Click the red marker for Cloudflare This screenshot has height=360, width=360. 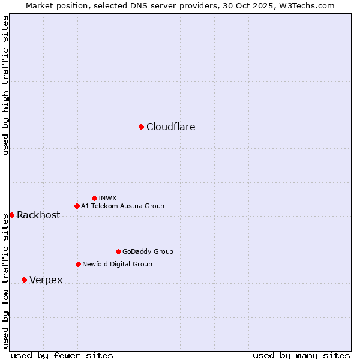pos(141,127)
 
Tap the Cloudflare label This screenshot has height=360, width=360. pos(171,127)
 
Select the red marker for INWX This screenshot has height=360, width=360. pos(94,198)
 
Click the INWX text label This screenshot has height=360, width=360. pos(107,198)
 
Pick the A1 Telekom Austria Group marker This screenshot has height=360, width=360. pos(77,206)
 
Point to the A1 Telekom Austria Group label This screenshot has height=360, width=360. pos(122,206)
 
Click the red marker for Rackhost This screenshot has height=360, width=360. pos(11,215)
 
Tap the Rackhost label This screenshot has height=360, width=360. pos(38,215)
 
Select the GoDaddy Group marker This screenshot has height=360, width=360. pos(118,251)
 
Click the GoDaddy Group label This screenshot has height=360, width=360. pos(148,252)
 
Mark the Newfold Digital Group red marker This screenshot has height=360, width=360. pos(78,264)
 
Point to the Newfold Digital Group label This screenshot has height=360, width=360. pos(117,264)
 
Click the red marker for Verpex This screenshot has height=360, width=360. pos(24,280)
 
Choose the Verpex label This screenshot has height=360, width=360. pos(46,280)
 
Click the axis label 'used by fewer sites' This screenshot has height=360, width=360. pos(62,355)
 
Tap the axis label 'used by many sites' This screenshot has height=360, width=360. pos(301,355)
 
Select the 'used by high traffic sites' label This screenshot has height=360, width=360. pos(5,85)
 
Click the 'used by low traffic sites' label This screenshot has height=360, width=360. pos(5,280)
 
